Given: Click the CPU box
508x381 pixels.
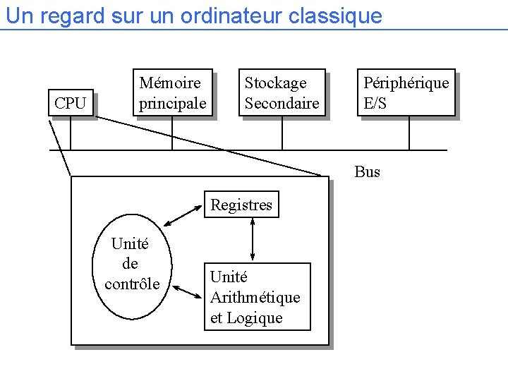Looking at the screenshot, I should [x=71, y=103].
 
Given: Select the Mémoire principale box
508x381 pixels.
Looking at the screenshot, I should [x=172, y=92].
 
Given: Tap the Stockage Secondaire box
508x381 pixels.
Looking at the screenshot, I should [x=282, y=92].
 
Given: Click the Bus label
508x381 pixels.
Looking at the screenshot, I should [x=367, y=171].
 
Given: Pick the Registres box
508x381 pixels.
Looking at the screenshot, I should [x=241, y=205].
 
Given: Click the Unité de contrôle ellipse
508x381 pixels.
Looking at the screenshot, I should [x=131, y=264].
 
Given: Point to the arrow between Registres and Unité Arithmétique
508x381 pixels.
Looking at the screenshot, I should [x=253, y=240].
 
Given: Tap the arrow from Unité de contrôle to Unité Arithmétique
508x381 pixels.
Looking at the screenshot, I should [x=187, y=292].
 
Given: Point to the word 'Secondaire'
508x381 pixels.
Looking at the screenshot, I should [x=282, y=104].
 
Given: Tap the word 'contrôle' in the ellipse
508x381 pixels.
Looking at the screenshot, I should [x=132, y=284].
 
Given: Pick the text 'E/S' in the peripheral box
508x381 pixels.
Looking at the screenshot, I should [x=375, y=104].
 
